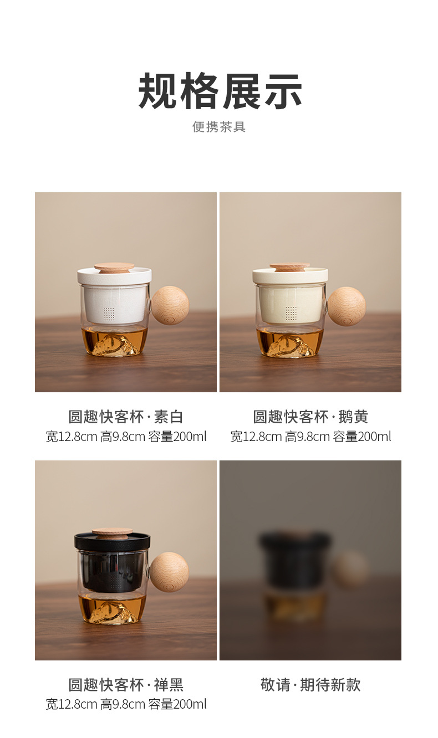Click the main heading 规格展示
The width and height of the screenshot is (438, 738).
(220, 91)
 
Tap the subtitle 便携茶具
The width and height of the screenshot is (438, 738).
(219, 127)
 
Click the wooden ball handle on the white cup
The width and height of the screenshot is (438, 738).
(170, 305)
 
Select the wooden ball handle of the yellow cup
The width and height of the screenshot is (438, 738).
(347, 306)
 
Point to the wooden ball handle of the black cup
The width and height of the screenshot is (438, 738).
(169, 572)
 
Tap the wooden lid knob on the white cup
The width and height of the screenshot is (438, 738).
(114, 268)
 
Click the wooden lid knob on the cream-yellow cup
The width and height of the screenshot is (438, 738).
(290, 267)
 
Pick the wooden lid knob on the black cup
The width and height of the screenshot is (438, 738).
(112, 534)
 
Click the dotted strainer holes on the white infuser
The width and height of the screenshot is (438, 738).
(109, 314)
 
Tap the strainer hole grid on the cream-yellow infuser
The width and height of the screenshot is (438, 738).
(291, 314)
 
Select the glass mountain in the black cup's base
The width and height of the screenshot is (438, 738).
(111, 612)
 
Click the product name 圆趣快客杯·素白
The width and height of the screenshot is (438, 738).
(126, 417)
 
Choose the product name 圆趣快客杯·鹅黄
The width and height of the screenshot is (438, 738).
(310, 417)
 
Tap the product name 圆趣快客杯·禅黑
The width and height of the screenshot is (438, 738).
(126, 685)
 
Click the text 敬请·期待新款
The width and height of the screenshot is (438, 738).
(310, 685)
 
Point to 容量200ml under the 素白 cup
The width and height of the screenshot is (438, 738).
(177, 437)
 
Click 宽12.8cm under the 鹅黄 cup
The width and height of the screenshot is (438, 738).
(256, 437)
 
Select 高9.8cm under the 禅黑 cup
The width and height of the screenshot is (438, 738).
(123, 704)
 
